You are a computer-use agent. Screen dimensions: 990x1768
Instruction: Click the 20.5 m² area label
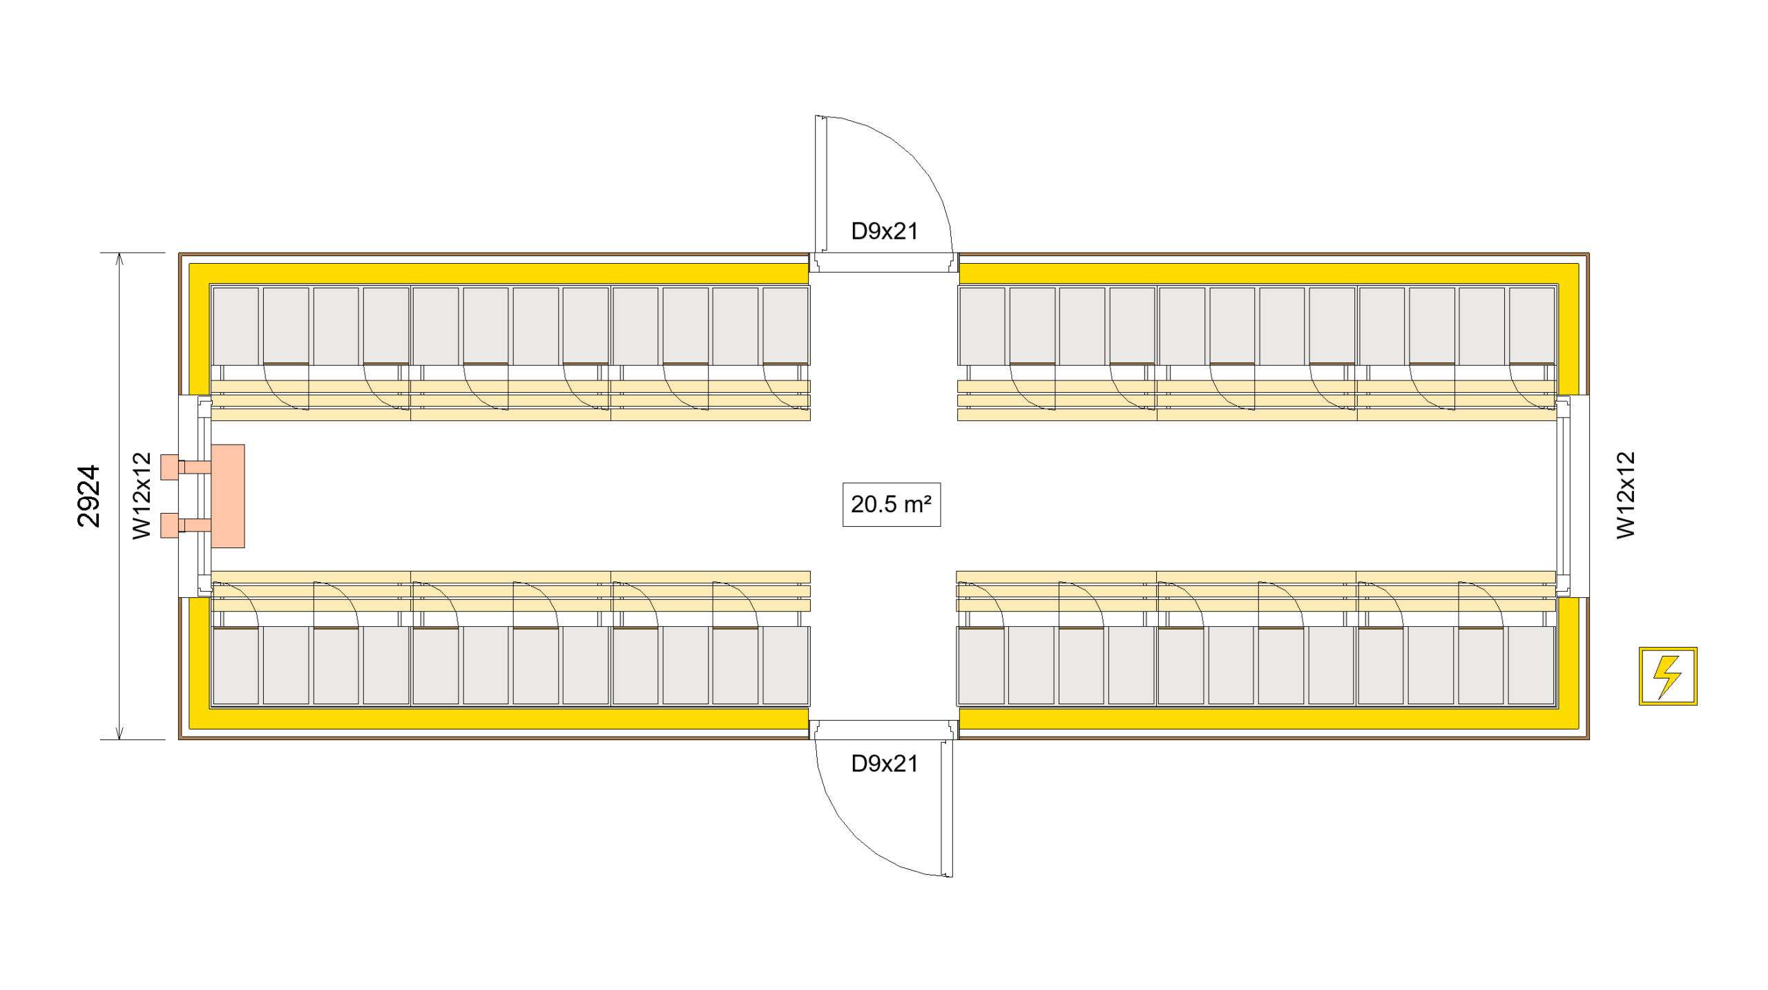tap(891, 505)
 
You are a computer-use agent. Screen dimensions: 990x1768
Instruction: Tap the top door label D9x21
tap(884, 231)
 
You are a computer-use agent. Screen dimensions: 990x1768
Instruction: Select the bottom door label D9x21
tap(884, 764)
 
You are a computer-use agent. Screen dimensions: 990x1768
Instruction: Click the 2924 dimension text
tap(89, 496)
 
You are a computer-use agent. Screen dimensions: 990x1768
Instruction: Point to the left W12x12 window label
tap(142, 496)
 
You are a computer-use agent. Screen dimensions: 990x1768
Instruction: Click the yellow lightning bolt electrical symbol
tap(1667, 676)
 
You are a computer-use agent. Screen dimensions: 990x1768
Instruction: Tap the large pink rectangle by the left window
tap(228, 496)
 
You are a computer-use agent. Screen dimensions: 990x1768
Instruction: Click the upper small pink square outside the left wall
tap(169, 467)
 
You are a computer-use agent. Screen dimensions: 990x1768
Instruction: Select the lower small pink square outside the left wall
tap(169, 525)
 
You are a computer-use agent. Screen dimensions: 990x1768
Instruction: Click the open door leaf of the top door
tap(820, 184)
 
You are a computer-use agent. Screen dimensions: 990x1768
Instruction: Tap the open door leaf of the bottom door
tap(947, 808)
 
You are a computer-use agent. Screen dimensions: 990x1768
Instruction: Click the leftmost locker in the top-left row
tap(236, 326)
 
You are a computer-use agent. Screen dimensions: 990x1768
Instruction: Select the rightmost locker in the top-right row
tap(1531, 326)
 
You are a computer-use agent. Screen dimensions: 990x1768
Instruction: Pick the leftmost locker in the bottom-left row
tap(236, 666)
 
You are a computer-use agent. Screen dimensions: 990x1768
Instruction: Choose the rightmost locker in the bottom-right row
tap(1530, 666)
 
